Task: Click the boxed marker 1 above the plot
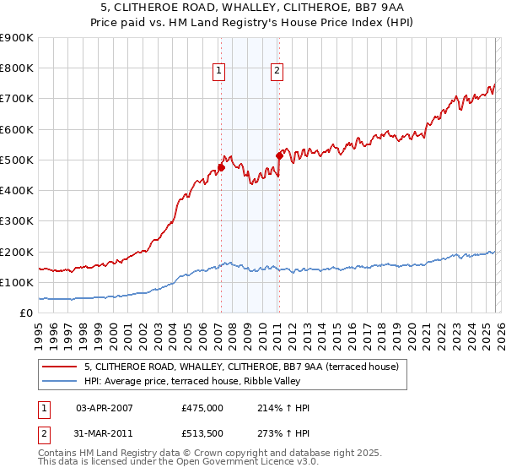click(218, 72)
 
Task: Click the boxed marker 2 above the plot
click(277, 72)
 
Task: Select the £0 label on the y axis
click(26, 313)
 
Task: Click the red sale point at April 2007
click(221, 167)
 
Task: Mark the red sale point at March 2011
click(279, 155)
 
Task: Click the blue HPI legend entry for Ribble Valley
click(202, 381)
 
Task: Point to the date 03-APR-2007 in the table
click(105, 408)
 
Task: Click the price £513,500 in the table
click(202, 437)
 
